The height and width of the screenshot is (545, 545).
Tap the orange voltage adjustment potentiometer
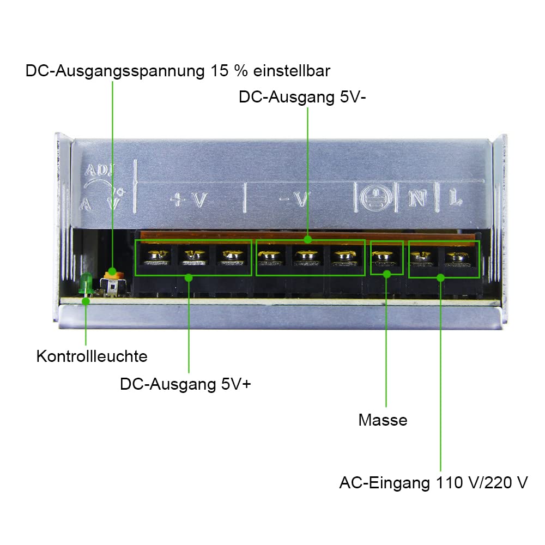point(114,275)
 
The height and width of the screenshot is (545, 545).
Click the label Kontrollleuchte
point(92,356)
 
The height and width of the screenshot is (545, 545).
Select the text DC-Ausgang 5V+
point(185,384)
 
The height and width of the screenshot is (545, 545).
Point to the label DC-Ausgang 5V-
point(302,97)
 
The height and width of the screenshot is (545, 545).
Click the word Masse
point(383,420)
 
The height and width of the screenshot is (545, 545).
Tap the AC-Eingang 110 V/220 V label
point(433,483)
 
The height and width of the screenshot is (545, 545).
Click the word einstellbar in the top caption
point(291,71)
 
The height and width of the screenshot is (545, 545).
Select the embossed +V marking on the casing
point(189,200)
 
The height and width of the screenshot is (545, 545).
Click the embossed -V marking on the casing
point(294,199)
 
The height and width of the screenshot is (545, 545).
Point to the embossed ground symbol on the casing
point(376,198)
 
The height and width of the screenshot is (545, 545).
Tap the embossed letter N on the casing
point(417,198)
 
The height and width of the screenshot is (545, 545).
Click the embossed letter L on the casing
point(455,199)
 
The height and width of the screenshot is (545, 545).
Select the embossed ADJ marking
point(99,170)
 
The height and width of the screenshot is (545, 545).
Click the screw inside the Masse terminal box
point(383,258)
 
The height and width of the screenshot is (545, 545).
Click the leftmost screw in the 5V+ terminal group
point(158,257)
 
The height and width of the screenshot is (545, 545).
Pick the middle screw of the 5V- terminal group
point(306,258)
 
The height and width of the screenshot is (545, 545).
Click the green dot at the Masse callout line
point(386,274)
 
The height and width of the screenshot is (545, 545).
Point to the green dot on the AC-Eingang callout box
point(440,277)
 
